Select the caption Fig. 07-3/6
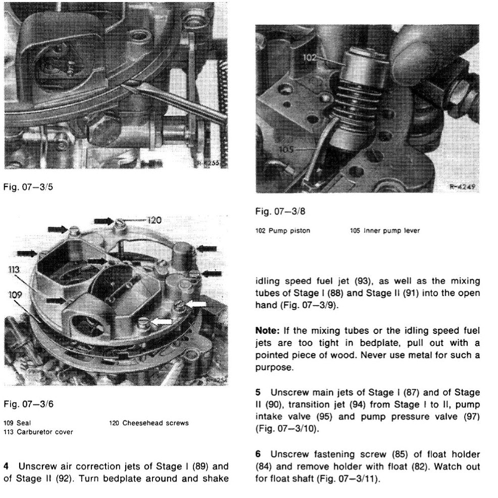pos(28,404)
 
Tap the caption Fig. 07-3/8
pos(280,212)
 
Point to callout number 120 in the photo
pos(154,220)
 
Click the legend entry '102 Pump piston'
pos(283,231)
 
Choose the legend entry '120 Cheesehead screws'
pos(148,423)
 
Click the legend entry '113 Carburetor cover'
pos(38,432)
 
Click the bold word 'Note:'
pos(267,331)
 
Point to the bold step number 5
pos(259,392)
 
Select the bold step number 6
pos(259,454)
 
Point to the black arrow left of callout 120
pos(105,220)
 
